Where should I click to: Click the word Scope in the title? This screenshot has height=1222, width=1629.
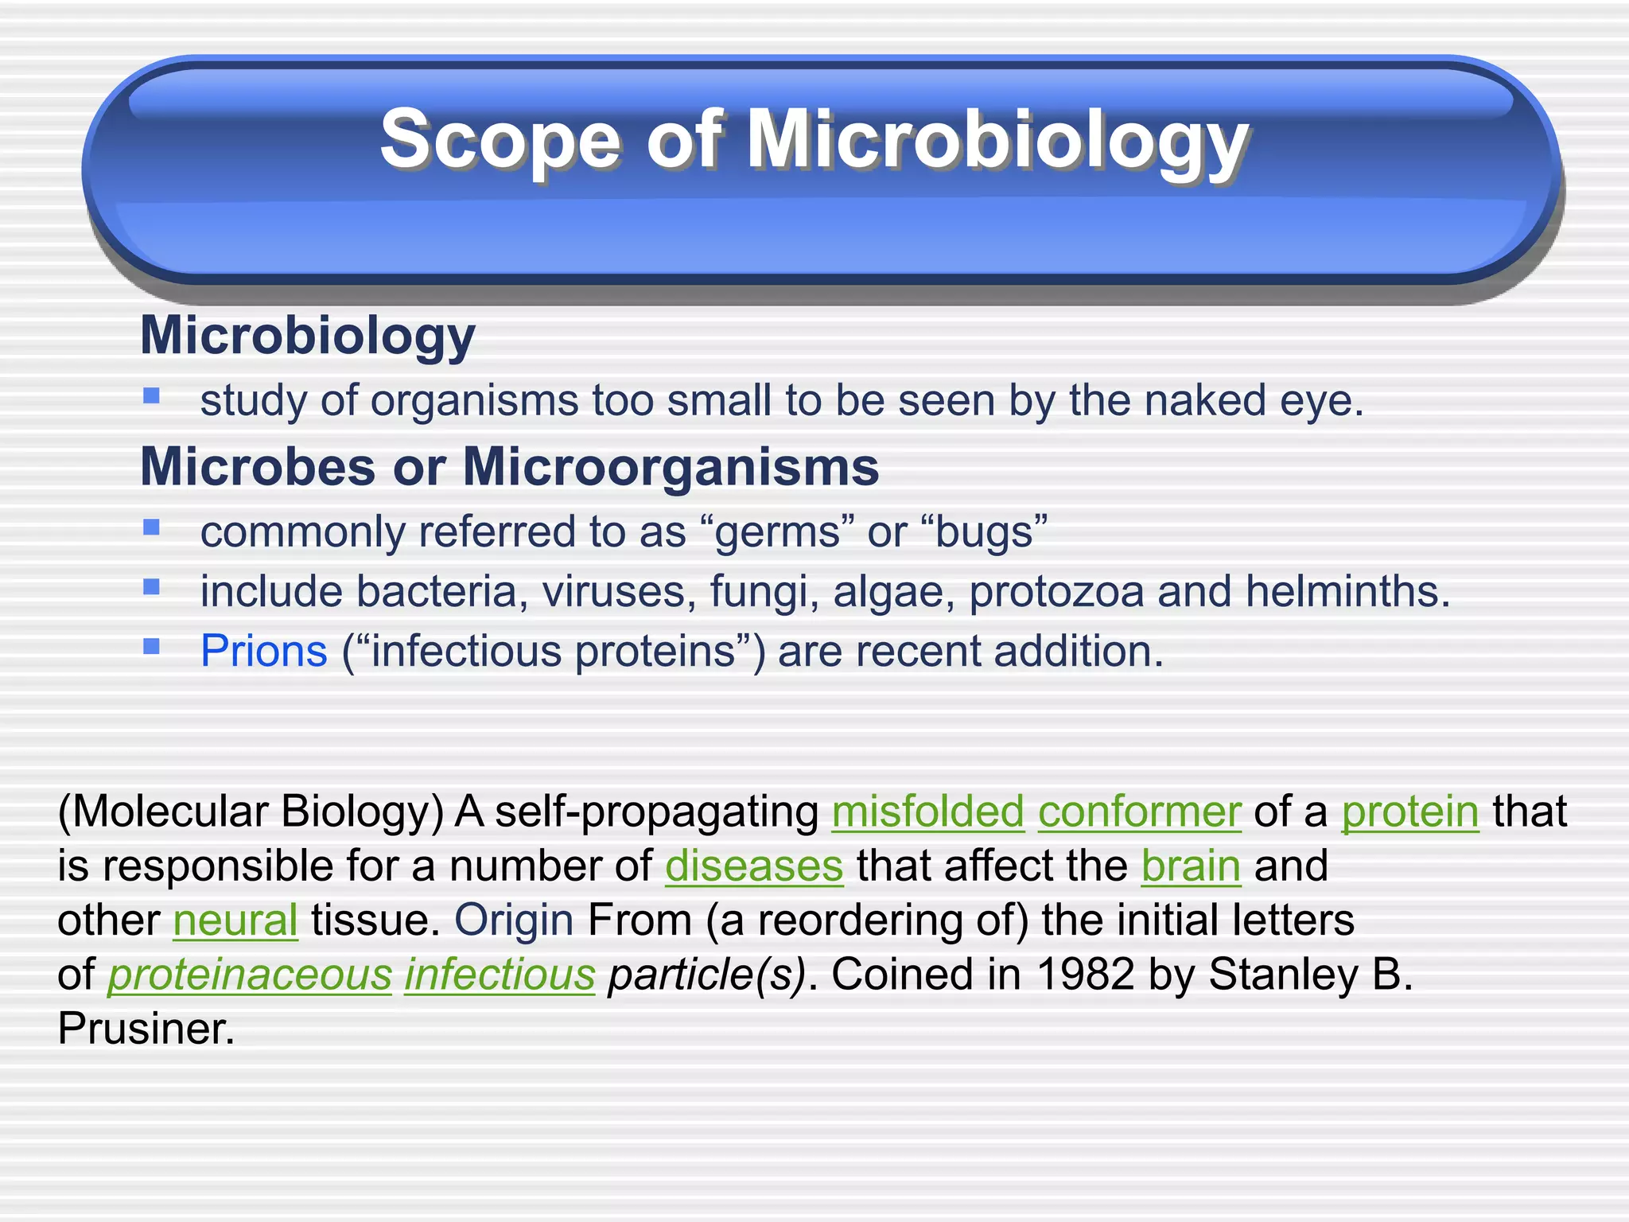500,140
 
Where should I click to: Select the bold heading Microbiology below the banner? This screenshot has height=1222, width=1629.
308,335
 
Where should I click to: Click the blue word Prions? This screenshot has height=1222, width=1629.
263,651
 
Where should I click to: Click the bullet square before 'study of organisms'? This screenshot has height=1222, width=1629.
152,395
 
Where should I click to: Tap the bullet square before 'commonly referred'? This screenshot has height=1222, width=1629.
152,527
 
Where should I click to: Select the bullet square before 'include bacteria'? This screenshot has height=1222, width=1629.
152,587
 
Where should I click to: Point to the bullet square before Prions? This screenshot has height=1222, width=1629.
152,646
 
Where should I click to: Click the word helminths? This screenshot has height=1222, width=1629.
1347,591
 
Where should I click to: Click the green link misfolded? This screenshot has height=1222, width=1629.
927,811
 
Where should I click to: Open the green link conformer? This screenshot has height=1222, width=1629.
1139,811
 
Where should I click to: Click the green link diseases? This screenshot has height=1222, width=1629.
753,866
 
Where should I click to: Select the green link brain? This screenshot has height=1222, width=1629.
1191,866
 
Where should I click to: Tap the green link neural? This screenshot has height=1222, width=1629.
235,920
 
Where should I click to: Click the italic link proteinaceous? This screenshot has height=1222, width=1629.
250,975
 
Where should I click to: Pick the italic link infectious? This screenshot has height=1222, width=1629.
500,975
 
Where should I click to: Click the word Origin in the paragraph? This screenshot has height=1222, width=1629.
514,920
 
